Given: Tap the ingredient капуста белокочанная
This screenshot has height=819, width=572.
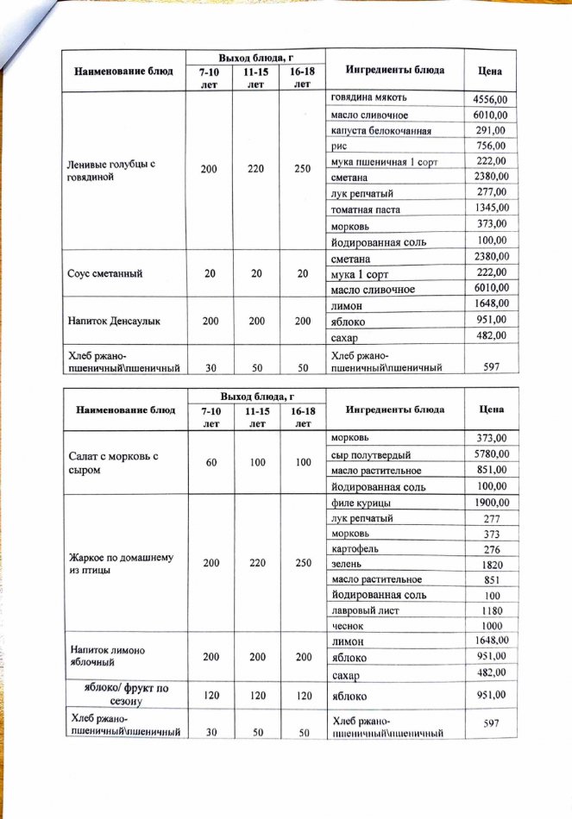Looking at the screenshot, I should click(x=381, y=132).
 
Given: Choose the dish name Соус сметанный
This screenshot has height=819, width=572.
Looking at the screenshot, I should click(x=105, y=273).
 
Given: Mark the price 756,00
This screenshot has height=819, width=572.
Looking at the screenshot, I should click(x=490, y=147).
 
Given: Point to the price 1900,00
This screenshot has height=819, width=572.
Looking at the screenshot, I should click(x=490, y=503).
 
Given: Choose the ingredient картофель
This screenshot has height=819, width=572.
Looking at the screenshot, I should click(x=355, y=549).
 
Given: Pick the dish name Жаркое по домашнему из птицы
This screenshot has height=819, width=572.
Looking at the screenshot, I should click(x=108, y=564).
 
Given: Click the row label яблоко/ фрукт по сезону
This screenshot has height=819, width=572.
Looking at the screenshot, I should click(x=118, y=694).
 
